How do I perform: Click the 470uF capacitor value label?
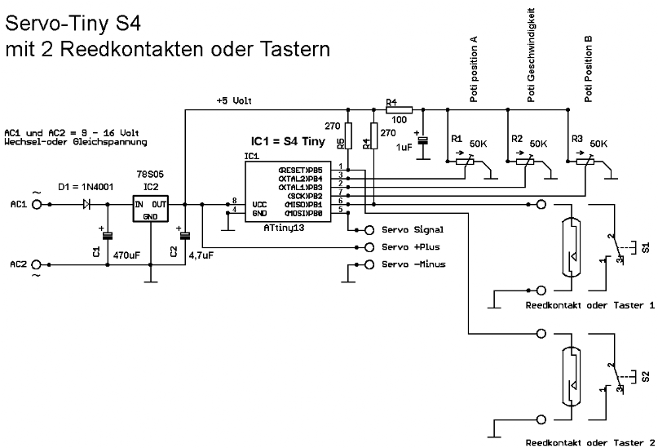click(128, 255)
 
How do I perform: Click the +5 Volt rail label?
click(235, 101)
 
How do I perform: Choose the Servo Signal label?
click(413, 230)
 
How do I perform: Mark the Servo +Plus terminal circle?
click(369, 246)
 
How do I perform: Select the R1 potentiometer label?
click(456, 140)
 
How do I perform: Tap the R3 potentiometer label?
click(577, 140)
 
